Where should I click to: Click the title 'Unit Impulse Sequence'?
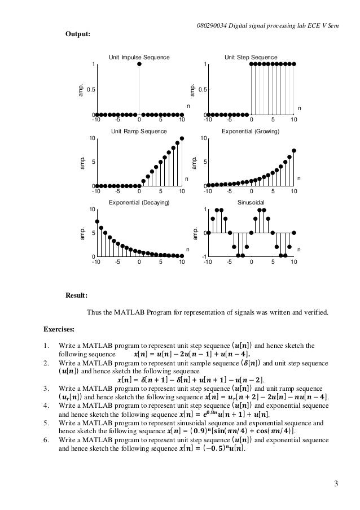coord(139,58)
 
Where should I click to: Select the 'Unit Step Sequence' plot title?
coord(251,58)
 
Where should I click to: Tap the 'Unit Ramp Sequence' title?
coord(139,130)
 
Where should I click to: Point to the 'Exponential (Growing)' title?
coord(251,130)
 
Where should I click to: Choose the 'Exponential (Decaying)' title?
coord(139,202)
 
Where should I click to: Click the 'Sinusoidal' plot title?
coord(251,202)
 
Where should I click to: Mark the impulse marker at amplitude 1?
coord(139,64)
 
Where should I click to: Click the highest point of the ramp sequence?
coord(182,138)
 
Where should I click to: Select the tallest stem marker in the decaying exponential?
coord(97,221)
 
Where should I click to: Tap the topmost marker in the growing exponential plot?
coord(294,151)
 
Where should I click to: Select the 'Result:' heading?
coord(77,295)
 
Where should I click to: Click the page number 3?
coord(336,483)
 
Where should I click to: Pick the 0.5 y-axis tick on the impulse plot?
coord(89,89)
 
